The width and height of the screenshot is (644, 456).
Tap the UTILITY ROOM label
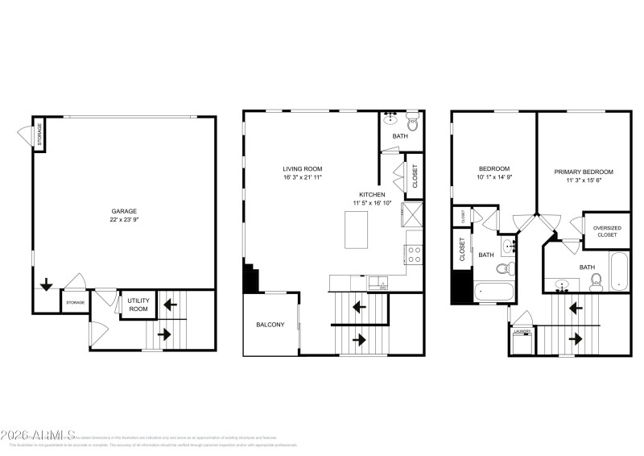138,304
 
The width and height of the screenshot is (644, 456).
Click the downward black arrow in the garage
47,284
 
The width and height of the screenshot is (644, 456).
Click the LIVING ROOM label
302,168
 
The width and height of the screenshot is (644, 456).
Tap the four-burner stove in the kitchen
414,255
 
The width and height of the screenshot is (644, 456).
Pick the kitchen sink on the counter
378,283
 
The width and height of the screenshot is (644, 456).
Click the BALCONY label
270,325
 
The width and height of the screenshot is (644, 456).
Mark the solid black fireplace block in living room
250,280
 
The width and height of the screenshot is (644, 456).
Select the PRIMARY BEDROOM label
584,172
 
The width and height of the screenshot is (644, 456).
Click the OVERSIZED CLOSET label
607,231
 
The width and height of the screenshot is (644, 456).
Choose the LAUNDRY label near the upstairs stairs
522,330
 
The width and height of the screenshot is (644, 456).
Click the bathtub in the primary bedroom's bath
617,272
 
